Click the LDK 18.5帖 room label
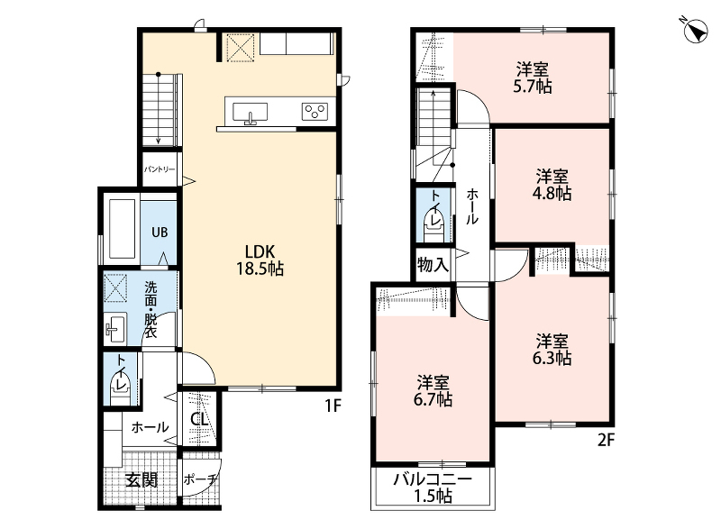260,260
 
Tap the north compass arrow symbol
695,31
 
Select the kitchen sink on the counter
250,113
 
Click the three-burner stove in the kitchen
315,112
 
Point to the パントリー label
160,169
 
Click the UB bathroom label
160,233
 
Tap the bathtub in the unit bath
123,228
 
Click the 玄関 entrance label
141,480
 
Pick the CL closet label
199,419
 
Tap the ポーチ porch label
199,480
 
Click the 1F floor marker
333,406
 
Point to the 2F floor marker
606,441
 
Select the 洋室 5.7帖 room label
532,78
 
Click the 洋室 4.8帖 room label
552,185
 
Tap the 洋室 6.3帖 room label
552,350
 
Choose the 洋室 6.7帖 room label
433,391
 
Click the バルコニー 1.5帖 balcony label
433,488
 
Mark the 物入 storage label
433,265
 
